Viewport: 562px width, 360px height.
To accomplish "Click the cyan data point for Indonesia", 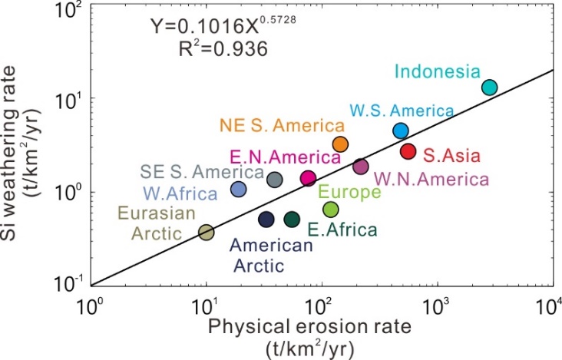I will point(490,88).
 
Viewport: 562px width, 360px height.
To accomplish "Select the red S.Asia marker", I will point(408,151).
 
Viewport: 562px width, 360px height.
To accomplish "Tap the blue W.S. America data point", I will point(400,130).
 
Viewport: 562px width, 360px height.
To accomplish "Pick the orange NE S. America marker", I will point(341,144).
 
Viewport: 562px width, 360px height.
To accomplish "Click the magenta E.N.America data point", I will point(308,178).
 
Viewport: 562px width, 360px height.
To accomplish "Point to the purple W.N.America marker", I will point(361,167).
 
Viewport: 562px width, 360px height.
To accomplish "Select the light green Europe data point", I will point(331,210).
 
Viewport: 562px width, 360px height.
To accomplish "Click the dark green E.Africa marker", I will point(292,220).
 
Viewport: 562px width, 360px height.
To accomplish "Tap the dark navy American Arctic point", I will point(266,220).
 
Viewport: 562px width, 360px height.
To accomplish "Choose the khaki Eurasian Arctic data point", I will point(206,233).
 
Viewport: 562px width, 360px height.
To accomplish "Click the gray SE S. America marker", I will point(276,180).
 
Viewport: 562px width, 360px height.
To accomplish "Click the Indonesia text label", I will point(437,72).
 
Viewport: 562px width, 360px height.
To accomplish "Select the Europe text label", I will point(349,192).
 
